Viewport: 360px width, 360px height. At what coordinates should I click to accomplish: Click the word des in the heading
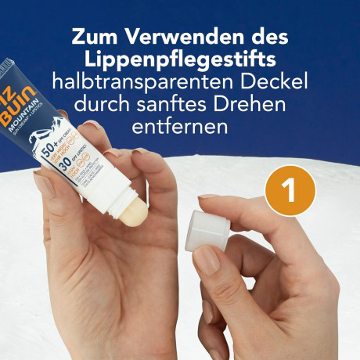267,37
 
